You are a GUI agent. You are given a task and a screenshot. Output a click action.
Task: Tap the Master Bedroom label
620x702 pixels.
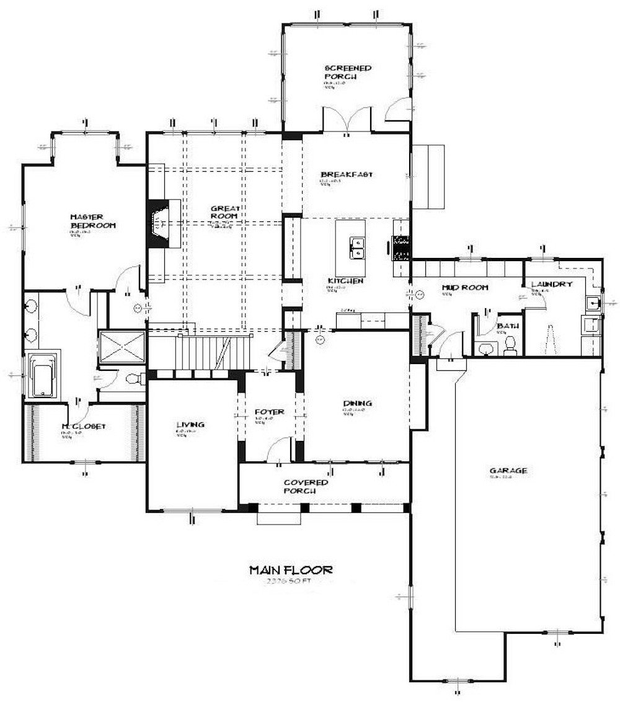coord(92,221)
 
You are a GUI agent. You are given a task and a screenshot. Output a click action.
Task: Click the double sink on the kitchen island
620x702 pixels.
coord(356,248)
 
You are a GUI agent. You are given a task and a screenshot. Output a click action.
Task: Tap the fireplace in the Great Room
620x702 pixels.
coord(159,223)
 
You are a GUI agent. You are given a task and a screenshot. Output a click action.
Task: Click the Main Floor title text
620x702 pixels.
coord(291,569)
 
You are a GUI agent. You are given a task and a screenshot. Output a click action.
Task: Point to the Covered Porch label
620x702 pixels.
coord(306,487)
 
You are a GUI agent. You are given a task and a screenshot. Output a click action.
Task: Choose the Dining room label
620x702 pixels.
coord(357,404)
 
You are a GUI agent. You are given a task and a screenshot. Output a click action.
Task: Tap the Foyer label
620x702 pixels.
coord(269,412)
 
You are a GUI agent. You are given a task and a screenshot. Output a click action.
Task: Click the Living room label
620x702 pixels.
coord(190,425)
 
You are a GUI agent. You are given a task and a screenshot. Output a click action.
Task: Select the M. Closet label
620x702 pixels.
coord(84,427)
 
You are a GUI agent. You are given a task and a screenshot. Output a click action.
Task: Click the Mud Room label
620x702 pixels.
coord(464,287)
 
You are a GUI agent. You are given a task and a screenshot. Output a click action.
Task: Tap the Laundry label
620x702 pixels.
coord(551,284)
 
